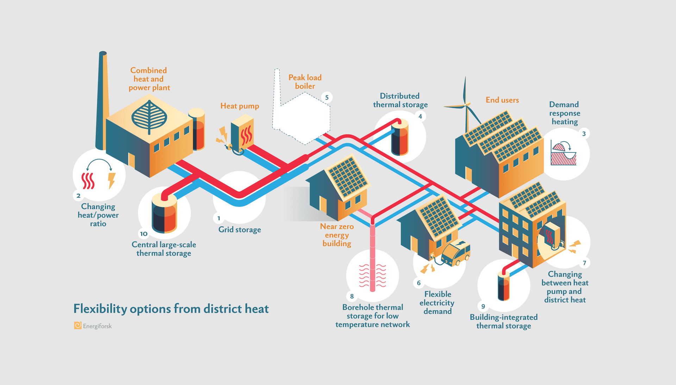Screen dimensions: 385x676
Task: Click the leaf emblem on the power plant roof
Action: tap(149, 117)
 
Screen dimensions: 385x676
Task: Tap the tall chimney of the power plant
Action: tap(102, 102)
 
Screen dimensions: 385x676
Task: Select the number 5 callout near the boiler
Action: tap(327, 97)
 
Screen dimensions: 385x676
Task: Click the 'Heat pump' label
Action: tap(239, 106)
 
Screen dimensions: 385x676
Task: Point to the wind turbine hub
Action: tap(466, 105)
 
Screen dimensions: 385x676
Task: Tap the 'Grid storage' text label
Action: tap(239, 230)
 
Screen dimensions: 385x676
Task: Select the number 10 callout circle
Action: tap(144, 234)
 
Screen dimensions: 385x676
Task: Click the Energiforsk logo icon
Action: tap(77, 326)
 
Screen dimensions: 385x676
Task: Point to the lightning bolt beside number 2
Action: tap(111, 180)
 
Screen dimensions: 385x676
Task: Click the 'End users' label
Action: tap(502, 100)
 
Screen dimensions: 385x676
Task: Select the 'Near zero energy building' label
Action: tap(337, 235)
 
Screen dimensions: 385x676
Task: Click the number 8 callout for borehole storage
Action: tap(352, 296)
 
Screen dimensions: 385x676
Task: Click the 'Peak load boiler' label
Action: tap(305, 82)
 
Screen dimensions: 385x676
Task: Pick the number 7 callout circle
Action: tap(584, 263)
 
